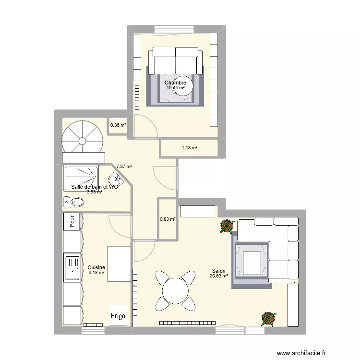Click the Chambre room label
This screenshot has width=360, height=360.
pyautogui.click(x=176, y=83)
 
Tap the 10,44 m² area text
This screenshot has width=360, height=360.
pyautogui.click(x=176, y=88)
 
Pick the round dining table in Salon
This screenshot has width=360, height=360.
pyautogui.click(x=175, y=290)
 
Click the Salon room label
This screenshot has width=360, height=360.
pyautogui.click(x=218, y=271)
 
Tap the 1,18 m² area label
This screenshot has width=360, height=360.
pyautogui.click(x=190, y=148)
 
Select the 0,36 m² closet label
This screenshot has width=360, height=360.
pyautogui.click(x=118, y=126)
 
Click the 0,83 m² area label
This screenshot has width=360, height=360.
pyautogui.click(x=168, y=219)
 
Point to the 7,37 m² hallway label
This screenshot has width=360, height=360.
pyautogui.click(x=124, y=167)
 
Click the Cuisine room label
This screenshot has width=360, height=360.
pyautogui.click(x=96, y=268)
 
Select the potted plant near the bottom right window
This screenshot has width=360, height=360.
pyautogui.click(x=268, y=317)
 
